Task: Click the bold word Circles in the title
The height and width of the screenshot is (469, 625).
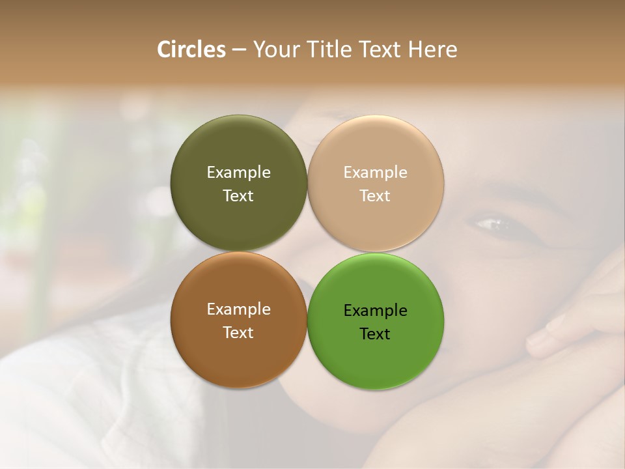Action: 191,50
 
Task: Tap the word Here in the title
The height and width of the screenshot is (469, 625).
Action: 432,50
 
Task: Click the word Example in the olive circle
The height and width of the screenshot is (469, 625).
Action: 238,172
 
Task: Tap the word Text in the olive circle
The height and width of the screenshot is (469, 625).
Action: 238,195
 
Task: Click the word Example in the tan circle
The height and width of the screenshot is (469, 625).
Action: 375,172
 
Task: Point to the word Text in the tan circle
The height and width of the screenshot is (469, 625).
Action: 375,195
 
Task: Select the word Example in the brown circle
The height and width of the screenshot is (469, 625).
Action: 238,309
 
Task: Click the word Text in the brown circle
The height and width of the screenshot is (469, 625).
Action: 238,332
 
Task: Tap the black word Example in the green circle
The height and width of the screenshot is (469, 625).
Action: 375,310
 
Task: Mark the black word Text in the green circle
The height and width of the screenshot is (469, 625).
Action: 375,334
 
